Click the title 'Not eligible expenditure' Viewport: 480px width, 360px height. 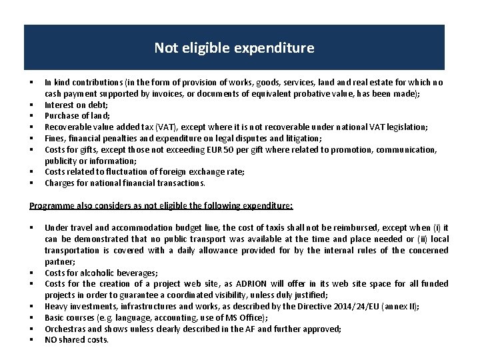coord(234,48)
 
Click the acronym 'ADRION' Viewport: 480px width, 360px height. coord(238,283)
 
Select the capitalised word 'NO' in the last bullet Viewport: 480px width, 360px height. coord(51,340)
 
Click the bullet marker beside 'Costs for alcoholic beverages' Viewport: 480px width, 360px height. coord(31,273)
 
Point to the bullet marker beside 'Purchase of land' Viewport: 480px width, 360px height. coord(31,116)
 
